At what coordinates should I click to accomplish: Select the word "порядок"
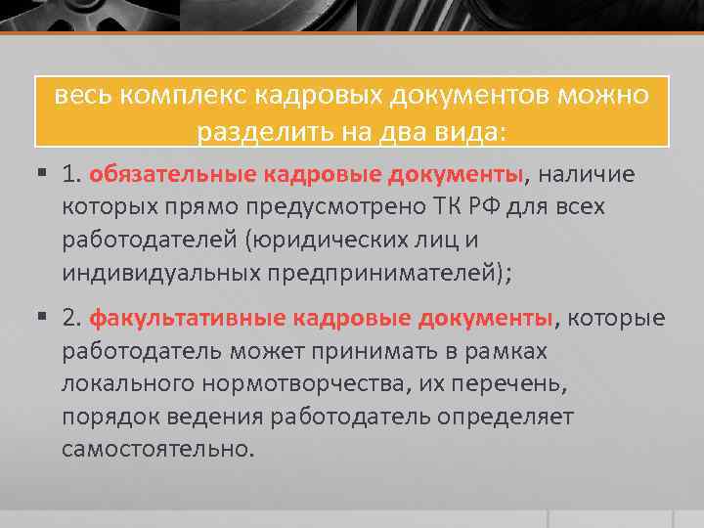107,417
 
